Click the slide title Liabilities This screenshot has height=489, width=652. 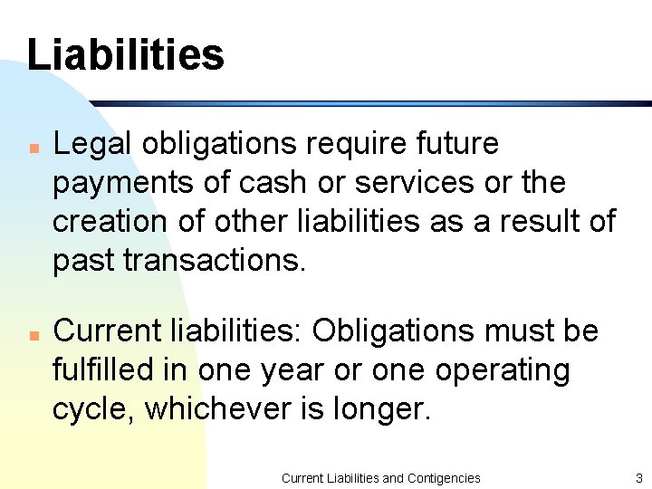tap(125, 54)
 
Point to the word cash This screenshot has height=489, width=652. tap(273, 182)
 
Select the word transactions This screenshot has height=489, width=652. tap(215, 260)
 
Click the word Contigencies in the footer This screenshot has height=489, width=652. tap(444, 477)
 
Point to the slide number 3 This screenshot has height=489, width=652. tap(638, 477)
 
